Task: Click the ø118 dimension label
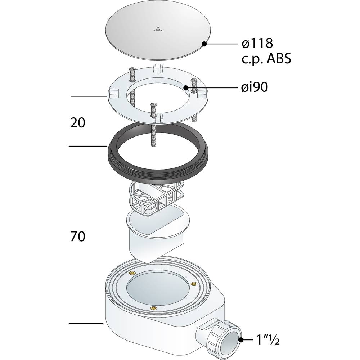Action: (x=257, y=43)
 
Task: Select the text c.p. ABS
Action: (x=266, y=59)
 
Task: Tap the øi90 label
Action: (x=255, y=87)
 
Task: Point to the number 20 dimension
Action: (x=78, y=123)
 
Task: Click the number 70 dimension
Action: (x=78, y=237)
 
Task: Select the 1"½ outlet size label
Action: (x=268, y=340)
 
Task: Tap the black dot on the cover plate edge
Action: (x=204, y=44)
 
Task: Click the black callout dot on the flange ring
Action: (x=186, y=87)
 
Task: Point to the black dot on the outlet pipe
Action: (x=241, y=340)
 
